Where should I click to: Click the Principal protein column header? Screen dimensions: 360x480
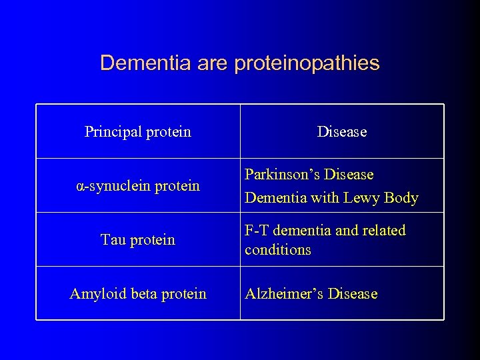point(138,132)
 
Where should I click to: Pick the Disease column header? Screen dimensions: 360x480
point(342,132)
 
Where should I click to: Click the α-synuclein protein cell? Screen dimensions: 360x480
point(138,186)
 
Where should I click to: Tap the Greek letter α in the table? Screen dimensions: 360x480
point(80,186)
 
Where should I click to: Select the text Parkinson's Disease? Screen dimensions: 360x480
point(309,175)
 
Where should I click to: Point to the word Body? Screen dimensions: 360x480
point(402,198)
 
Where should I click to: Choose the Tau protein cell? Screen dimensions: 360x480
point(138,240)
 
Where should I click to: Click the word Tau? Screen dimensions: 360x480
point(113,240)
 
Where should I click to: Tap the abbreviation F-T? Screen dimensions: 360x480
point(257,231)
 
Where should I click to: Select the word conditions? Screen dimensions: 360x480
point(278,250)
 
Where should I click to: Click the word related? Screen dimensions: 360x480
point(384,231)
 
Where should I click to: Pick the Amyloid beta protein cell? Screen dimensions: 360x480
point(138,294)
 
